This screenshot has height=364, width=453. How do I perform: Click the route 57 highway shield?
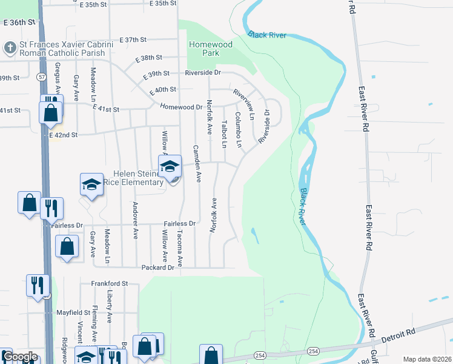(x=41, y=77)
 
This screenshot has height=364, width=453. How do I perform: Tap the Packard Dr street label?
(x=158, y=267)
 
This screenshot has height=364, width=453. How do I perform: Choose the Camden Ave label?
(x=196, y=164)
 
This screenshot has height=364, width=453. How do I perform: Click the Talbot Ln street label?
(x=223, y=133)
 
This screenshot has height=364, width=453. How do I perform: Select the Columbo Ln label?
(x=238, y=130)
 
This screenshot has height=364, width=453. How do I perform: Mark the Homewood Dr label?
(x=181, y=107)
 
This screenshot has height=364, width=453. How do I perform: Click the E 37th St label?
(x=133, y=40)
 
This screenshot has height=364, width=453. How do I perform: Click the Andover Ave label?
(x=135, y=219)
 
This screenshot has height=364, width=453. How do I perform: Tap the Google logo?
(x=19, y=357)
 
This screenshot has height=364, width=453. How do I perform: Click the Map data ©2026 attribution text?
(x=426, y=359)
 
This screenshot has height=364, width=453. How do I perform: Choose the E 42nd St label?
(x=64, y=135)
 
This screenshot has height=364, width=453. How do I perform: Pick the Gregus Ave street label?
(x=58, y=77)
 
